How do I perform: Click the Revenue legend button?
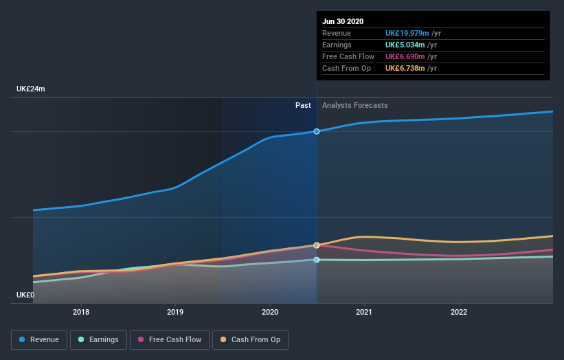[x=40, y=339]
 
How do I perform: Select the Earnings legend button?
[x=99, y=339]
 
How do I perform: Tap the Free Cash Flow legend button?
[x=170, y=339]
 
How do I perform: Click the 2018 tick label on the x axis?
[x=81, y=312]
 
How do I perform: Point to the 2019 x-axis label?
[x=175, y=312]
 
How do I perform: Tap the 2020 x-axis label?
[x=270, y=312]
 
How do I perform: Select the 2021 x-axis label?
[x=364, y=312]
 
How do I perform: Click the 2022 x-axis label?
[x=458, y=312]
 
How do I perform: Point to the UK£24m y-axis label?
[x=31, y=89]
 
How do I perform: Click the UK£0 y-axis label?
[x=25, y=295]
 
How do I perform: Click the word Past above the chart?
[x=303, y=106]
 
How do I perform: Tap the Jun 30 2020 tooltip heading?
[x=343, y=21]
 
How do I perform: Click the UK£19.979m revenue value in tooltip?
[x=407, y=33]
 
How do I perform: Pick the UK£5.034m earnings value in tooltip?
[x=405, y=45]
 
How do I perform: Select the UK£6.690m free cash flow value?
[x=405, y=56]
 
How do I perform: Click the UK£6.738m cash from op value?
[x=405, y=68]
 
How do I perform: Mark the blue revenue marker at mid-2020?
[x=317, y=131]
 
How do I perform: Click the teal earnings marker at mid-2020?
[x=317, y=260]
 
